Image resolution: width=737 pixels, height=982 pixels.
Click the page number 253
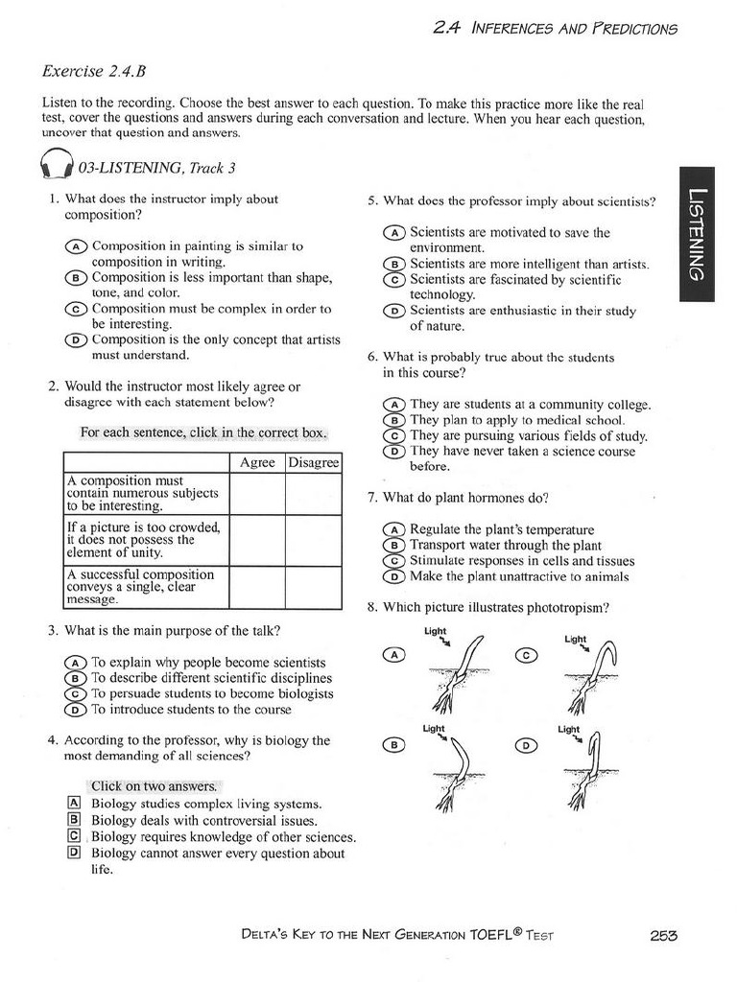(664, 936)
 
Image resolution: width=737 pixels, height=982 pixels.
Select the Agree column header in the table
(257, 462)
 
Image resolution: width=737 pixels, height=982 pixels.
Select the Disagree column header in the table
(314, 462)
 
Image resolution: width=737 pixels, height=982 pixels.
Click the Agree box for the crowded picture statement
(257, 540)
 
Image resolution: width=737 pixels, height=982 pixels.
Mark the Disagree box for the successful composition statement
(314, 586)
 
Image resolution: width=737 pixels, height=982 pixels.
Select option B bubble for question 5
(393, 265)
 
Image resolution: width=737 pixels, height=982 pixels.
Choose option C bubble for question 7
(393, 561)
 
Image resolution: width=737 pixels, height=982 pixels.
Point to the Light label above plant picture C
(577, 638)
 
